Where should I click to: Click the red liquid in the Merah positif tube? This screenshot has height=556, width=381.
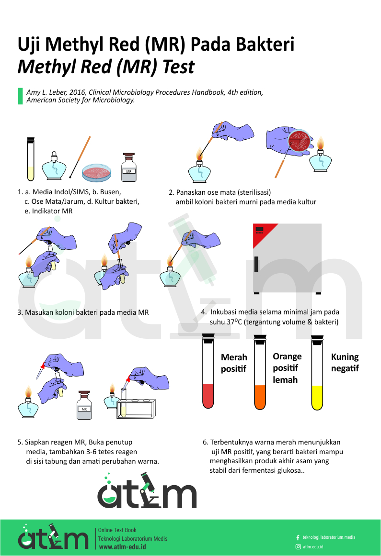click(208, 396)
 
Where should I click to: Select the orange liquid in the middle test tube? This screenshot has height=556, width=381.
click(260, 397)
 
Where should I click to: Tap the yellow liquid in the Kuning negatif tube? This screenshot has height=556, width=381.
click(317, 398)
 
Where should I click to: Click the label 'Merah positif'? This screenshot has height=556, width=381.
click(234, 363)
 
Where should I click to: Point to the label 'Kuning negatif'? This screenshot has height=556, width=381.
click(345, 363)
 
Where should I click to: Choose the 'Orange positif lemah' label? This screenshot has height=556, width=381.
click(287, 368)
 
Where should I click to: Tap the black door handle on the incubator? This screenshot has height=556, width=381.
click(256, 265)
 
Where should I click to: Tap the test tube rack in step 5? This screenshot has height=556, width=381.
click(137, 408)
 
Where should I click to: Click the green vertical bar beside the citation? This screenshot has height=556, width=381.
click(20, 96)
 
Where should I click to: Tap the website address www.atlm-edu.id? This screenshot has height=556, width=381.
click(122, 547)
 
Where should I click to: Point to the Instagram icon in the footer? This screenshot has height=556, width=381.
click(298, 546)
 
